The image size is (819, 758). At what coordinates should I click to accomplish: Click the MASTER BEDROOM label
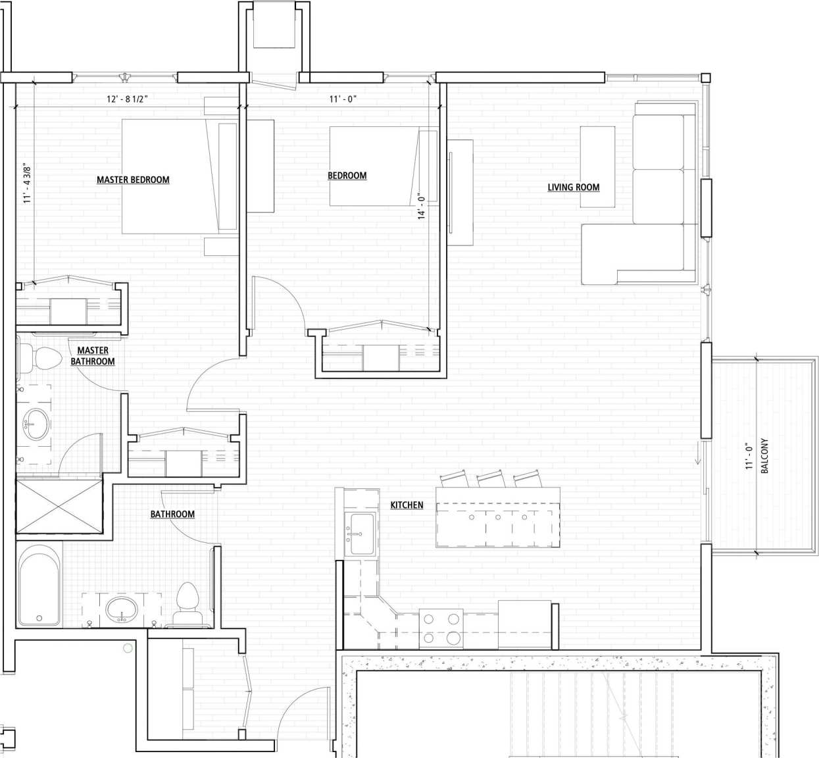[x=133, y=180]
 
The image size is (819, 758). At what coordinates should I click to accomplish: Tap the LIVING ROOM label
[x=574, y=188]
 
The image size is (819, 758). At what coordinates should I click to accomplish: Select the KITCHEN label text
[x=407, y=505]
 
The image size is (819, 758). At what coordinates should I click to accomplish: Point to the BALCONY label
[x=764, y=456]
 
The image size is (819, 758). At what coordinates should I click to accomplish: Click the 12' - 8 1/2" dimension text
[x=128, y=99]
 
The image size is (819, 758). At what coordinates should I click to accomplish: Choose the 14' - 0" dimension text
[x=422, y=205]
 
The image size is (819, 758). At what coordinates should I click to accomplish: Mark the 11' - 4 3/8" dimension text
[x=27, y=184]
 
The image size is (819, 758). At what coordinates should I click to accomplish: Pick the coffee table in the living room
[x=597, y=166]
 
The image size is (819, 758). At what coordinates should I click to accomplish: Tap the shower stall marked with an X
[x=59, y=507]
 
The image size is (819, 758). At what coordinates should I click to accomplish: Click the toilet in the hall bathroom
[x=188, y=600]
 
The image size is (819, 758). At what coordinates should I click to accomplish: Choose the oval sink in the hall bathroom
[x=122, y=607]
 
